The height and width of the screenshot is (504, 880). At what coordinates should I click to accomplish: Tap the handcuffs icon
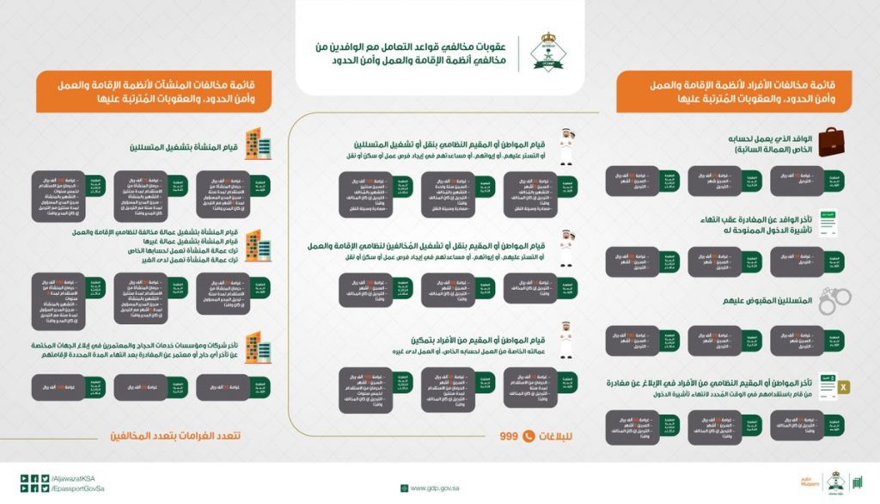(x=833, y=299)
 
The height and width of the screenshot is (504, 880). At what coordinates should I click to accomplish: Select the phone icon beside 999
(x=529, y=436)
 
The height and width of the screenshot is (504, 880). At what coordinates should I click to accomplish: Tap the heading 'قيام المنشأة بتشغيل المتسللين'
(x=183, y=145)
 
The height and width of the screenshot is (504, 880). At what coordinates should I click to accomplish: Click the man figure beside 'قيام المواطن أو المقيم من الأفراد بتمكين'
(x=567, y=336)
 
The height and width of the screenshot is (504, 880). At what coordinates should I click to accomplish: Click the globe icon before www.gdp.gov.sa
(x=403, y=488)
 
